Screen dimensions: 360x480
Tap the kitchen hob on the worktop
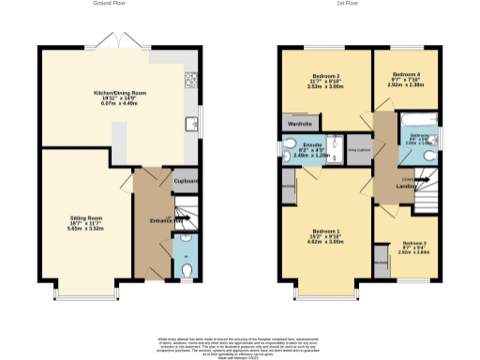191,79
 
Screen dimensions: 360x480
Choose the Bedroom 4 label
406,78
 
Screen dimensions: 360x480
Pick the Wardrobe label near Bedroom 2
300,123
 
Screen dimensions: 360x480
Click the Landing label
406,186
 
